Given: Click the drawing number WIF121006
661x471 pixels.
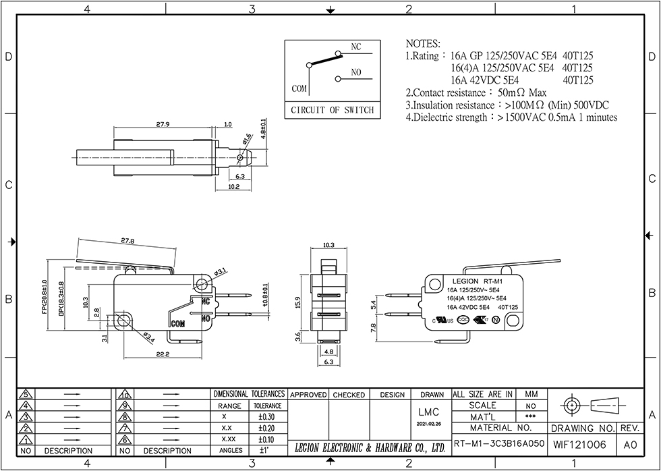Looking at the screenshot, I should pyautogui.click(x=579, y=445).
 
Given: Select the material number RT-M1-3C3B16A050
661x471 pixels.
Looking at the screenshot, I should pyautogui.click(x=498, y=445).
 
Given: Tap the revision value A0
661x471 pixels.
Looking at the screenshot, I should pyautogui.click(x=630, y=445).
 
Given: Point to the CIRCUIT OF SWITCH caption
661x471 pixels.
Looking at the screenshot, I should pyautogui.click(x=331, y=110).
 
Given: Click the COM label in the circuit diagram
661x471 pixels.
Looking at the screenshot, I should pyautogui.click(x=299, y=88).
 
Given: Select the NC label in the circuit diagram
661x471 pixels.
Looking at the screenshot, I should pyautogui.click(x=356, y=47).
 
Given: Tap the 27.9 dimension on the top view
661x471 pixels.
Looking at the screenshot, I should pyautogui.click(x=163, y=124).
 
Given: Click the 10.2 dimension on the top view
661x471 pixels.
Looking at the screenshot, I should pyautogui.click(x=233, y=187).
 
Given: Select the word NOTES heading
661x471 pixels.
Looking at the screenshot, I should pyautogui.click(x=424, y=43).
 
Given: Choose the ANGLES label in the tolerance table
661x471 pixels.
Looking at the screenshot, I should pyautogui.click(x=231, y=450).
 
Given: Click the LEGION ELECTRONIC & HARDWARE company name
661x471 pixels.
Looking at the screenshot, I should pyautogui.click(x=370, y=447).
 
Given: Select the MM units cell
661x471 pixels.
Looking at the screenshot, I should pyautogui.click(x=531, y=394).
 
